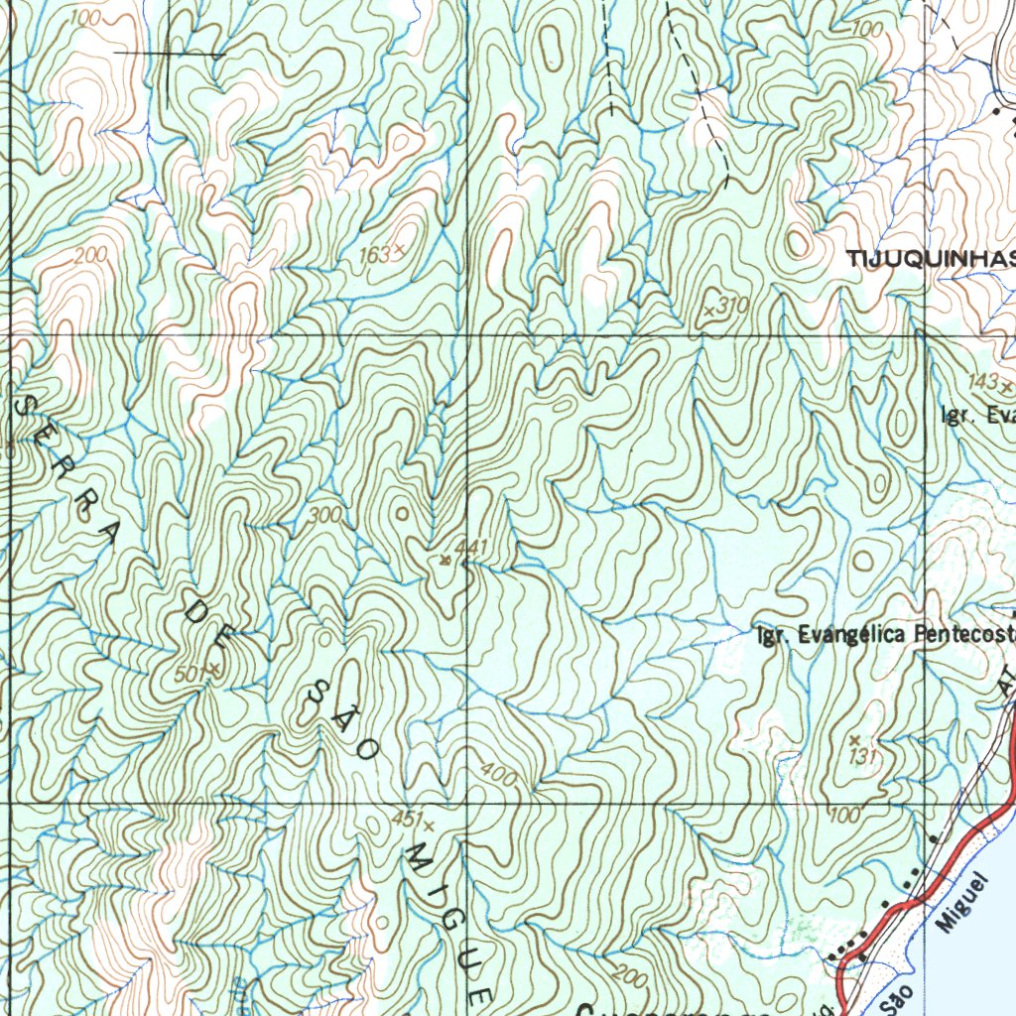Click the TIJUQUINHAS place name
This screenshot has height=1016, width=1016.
tap(931, 259)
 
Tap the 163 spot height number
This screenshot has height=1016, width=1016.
tap(374, 256)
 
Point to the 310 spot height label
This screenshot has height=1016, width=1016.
tap(732, 306)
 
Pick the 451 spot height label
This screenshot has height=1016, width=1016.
tap(405, 820)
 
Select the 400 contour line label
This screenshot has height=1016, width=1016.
tap(498, 773)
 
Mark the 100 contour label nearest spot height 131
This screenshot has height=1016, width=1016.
tap(843, 816)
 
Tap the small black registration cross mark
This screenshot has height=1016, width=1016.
tap(169, 52)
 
